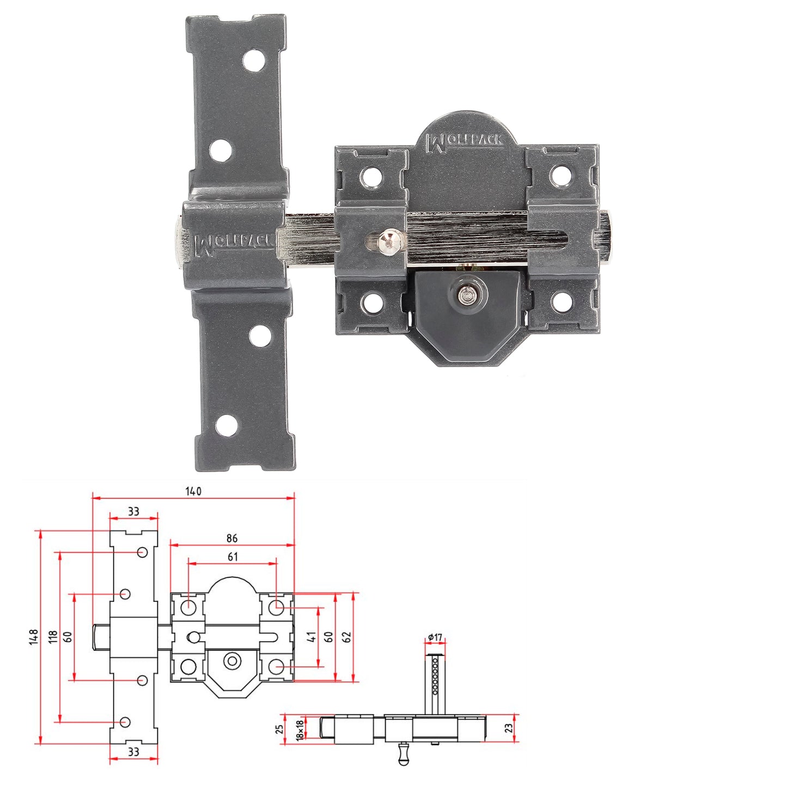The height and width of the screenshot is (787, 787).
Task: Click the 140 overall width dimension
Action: coord(193,491)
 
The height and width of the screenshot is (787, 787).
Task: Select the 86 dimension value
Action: coord(232,538)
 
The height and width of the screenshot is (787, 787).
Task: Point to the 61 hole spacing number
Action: coord(233,557)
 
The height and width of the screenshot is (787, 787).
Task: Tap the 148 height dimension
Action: coord(34,637)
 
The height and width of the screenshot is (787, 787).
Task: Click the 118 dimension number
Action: coord(53,637)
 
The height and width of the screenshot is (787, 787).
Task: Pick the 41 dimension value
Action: coord(312,637)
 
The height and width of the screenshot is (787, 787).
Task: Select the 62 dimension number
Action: coord(347,637)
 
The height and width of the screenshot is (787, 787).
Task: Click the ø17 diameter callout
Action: coord(435,637)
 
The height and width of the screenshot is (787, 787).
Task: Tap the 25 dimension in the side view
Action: coord(280,729)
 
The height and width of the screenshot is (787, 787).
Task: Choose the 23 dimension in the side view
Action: coord(508,728)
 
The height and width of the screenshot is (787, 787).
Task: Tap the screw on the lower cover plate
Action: coord(465,295)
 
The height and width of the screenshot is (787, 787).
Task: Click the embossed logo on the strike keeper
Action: coord(233,243)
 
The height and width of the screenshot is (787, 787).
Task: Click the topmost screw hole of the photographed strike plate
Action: coord(253,61)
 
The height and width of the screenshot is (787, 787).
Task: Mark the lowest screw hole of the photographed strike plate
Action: coord(227,425)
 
